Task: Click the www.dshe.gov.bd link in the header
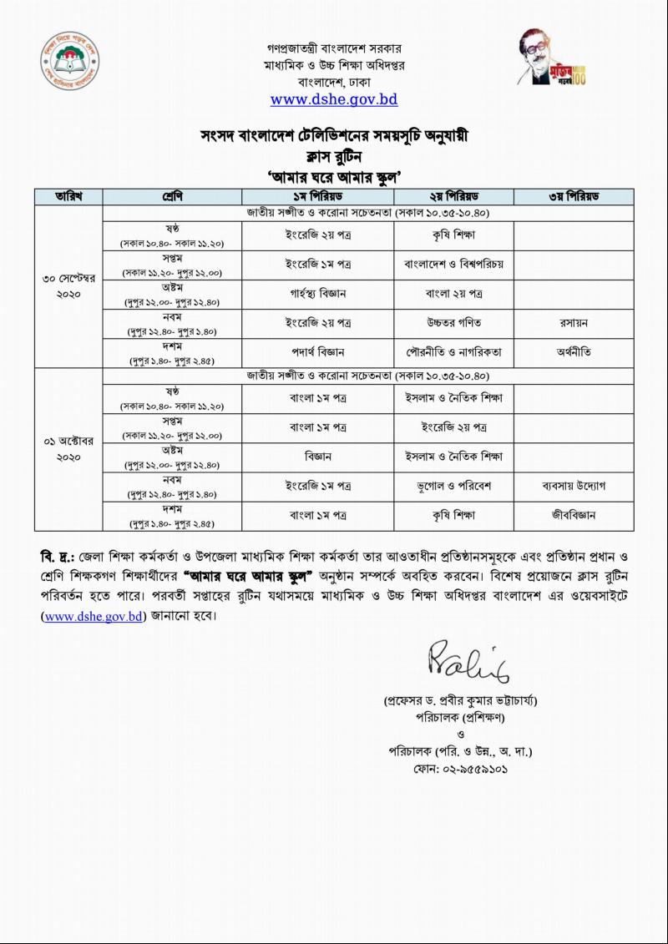(334, 100)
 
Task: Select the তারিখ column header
(68, 196)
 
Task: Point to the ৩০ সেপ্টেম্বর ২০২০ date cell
(68, 285)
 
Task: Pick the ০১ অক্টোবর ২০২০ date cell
(68, 447)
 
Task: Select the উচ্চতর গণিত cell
(453, 321)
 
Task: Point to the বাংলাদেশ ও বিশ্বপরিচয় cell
(453, 264)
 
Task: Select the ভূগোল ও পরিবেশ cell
(453, 485)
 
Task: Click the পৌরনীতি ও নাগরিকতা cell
(453, 351)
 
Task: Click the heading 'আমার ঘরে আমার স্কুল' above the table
(334, 176)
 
